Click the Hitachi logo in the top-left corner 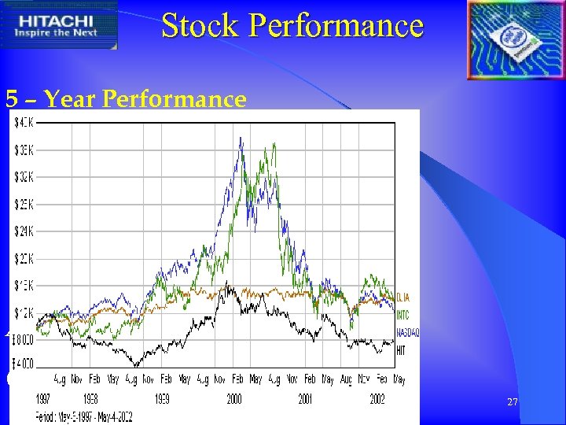pos(60,26)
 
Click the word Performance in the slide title pos(336,25)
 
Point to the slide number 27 pos(513,402)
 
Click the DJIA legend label pos(402,297)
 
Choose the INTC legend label pos(402,315)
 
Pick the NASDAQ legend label pos(407,332)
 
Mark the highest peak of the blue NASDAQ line pos(240,138)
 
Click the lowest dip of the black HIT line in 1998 pos(138,366)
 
